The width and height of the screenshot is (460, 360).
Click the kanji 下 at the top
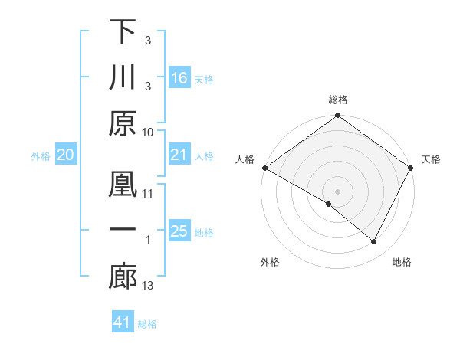123,33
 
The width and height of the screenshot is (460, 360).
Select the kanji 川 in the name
123,79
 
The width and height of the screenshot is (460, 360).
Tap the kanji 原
123,125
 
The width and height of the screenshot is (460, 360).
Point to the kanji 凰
123,185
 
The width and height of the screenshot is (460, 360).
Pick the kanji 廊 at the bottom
123,277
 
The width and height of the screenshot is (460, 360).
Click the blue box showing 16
179,77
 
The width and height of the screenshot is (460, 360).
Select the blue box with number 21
179,155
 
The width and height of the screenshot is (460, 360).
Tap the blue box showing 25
179,231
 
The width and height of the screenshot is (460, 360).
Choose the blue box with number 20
65,155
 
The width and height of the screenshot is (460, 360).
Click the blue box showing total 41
123,322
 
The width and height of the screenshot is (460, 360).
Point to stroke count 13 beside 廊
148,286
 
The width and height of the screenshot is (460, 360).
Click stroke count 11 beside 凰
148,194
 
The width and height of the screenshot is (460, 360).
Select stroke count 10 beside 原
148,132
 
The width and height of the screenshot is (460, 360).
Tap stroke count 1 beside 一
148,241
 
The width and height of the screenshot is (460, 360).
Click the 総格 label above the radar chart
338,100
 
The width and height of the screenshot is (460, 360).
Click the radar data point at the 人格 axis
264,167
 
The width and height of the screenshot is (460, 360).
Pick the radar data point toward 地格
374,241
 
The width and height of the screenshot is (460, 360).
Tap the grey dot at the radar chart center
338,191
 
